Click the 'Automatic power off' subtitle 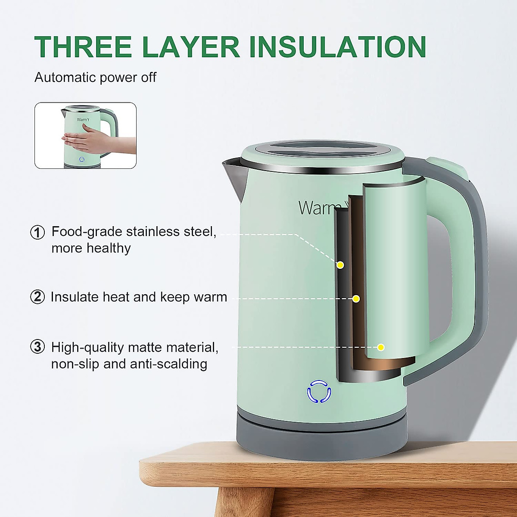click(x=95, y=78)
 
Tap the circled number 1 click(x=37, y=232)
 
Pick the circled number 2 click(x=37, y=297)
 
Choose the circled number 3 click(x=37, y=347)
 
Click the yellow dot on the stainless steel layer click(x=340, y=265)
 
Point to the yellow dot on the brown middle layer click(x=356, y=299)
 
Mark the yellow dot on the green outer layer click(x=381, y=347)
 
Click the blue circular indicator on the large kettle click(x=319, y=392)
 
